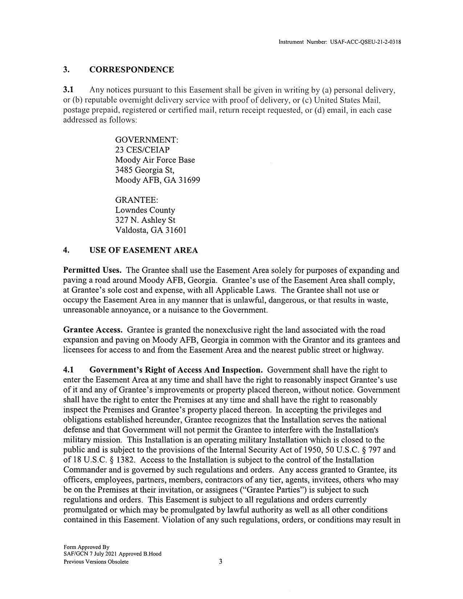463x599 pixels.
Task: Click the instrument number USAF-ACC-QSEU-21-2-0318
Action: pos(365,42)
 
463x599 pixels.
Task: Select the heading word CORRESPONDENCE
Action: pos(131,70)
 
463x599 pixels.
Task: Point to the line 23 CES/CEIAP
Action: pos(142,150)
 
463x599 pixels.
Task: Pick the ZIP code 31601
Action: pos(176,230)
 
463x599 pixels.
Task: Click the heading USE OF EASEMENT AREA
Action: pos(143,250)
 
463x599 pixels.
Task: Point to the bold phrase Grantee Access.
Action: pos(93,330)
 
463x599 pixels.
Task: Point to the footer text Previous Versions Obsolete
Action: pos(96,562)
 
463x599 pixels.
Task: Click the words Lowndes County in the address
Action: pos(145,210)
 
